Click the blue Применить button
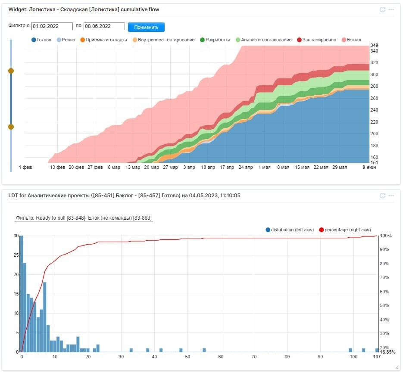pos(146,27)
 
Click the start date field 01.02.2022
pos(52,26)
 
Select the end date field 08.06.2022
pos(104,26)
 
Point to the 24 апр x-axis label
pos(245,167)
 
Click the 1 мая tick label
pos(264,167)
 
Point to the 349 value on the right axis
pos(375,45)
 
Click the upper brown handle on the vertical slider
pos(11,71)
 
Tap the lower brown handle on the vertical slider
pos(11,127)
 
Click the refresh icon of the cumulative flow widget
pos(382,9)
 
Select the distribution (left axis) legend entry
pos(290,230)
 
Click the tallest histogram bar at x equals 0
pos(21,293)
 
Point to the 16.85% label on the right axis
pos(387,352)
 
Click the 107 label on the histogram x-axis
pos(376,357)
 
